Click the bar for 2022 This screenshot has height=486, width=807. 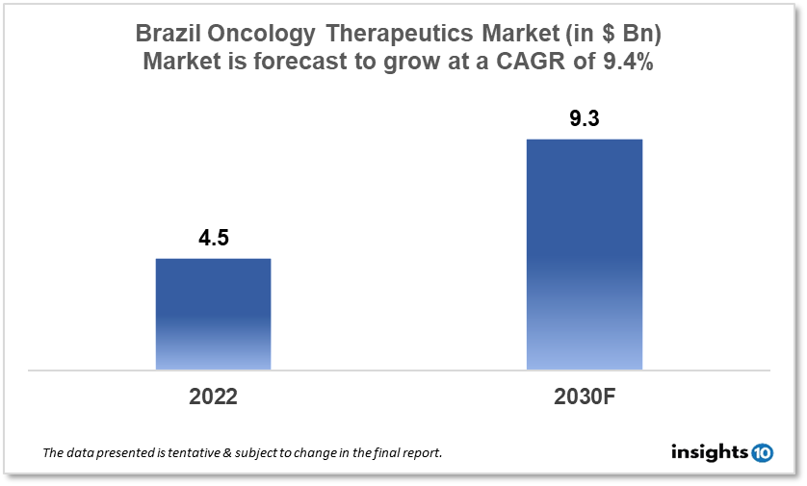pos(213,314)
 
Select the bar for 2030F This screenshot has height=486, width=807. pos(584,254)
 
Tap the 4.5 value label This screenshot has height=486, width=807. pos(213,239)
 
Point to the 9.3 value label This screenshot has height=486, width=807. pos(584,120)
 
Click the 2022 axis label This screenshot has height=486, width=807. pos(213,396)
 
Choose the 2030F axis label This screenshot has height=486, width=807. pos(584,396)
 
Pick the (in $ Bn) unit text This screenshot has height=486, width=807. pos(609,35)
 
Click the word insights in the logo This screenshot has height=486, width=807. pos(708,452)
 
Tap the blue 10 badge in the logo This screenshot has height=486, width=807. pos(761,452)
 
